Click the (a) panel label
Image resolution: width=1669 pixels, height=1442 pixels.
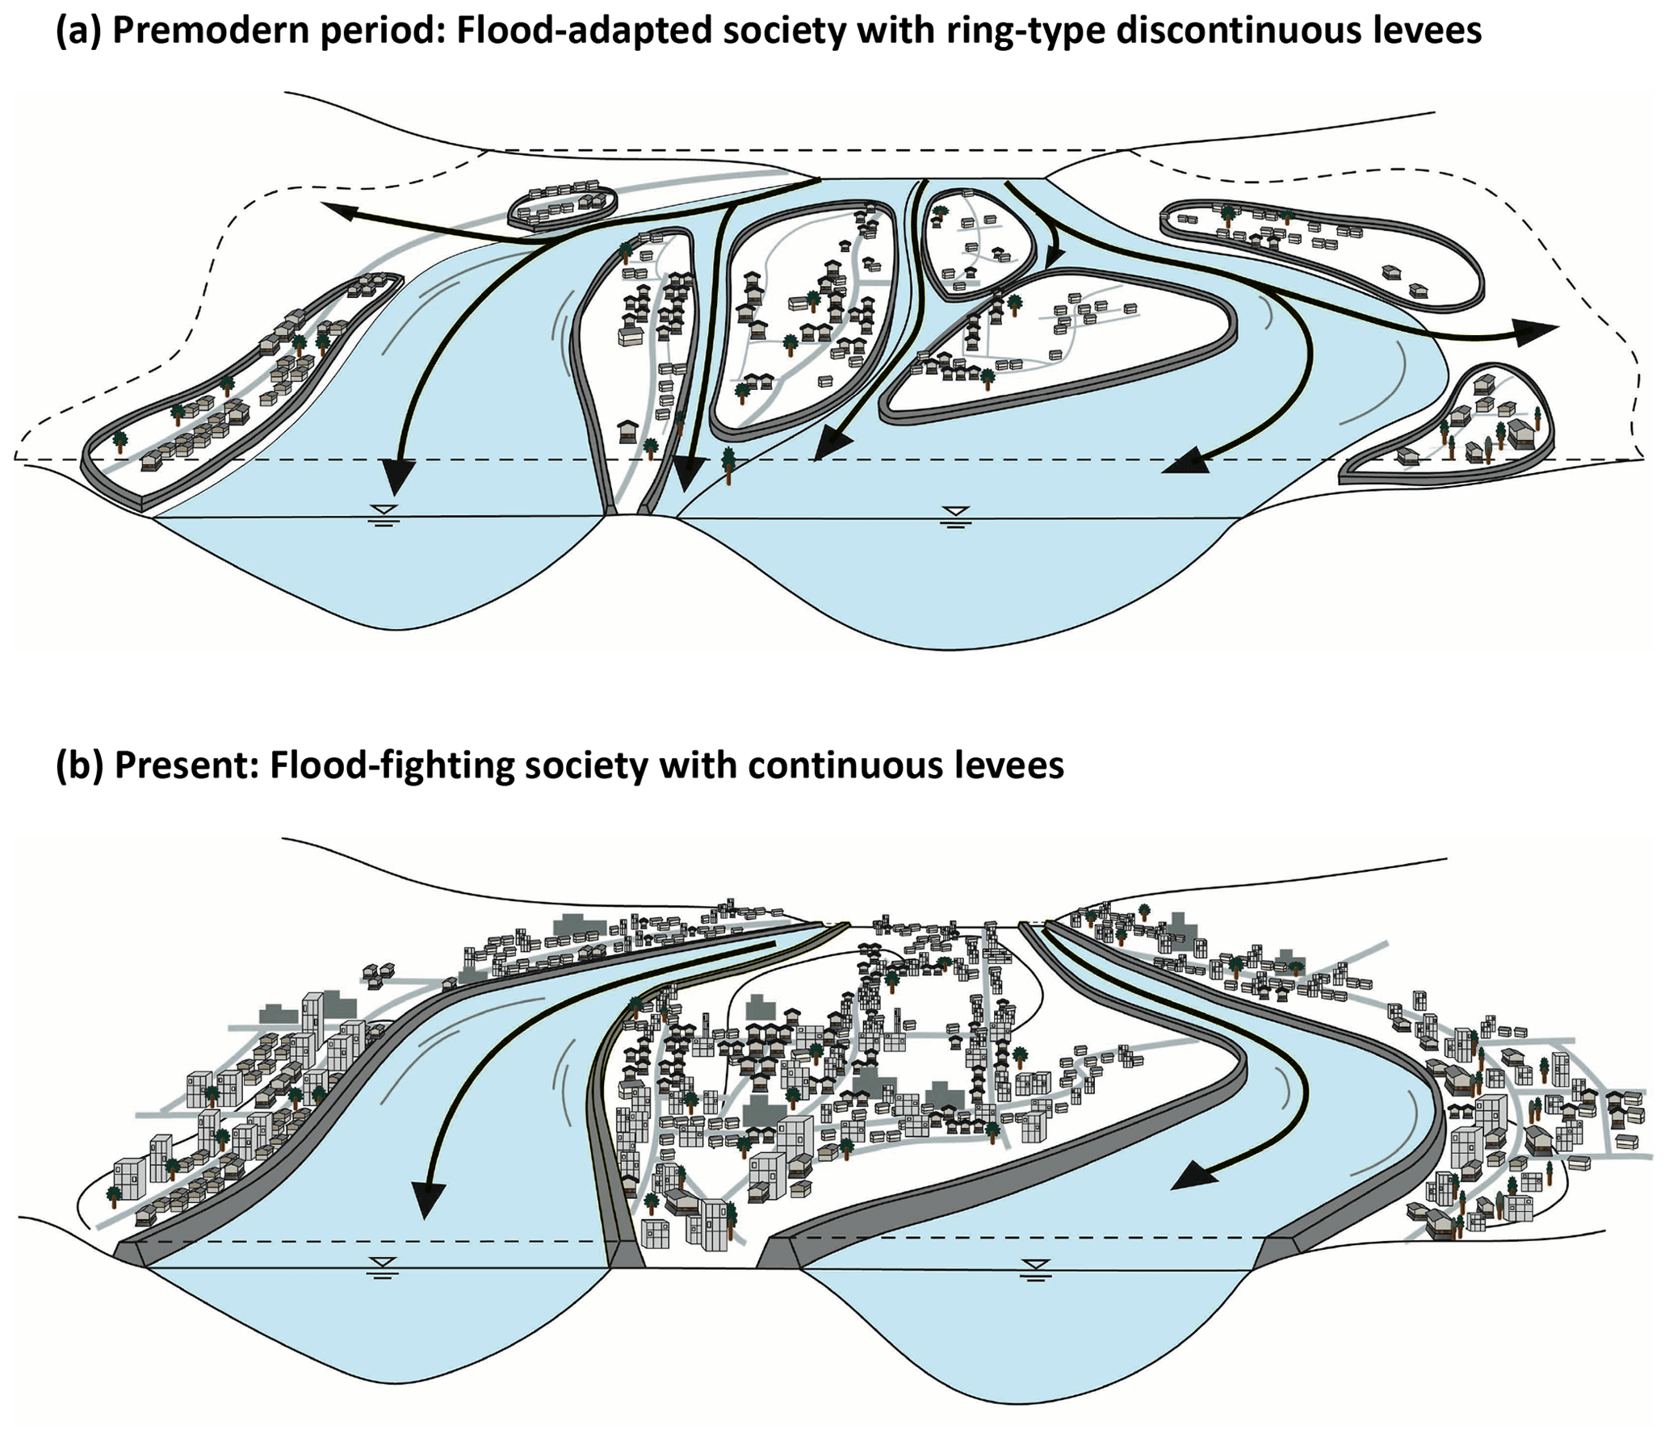tap(78, 31)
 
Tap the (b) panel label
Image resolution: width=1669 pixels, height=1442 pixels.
tap(80, 765)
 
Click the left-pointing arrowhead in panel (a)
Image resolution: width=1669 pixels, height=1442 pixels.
tap(339, 212)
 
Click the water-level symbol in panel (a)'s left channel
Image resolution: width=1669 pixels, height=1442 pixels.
tap(384, 513)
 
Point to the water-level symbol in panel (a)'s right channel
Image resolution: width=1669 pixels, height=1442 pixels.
tap(956, 514)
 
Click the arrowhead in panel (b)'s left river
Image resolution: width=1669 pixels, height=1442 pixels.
tap(428, 1199)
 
